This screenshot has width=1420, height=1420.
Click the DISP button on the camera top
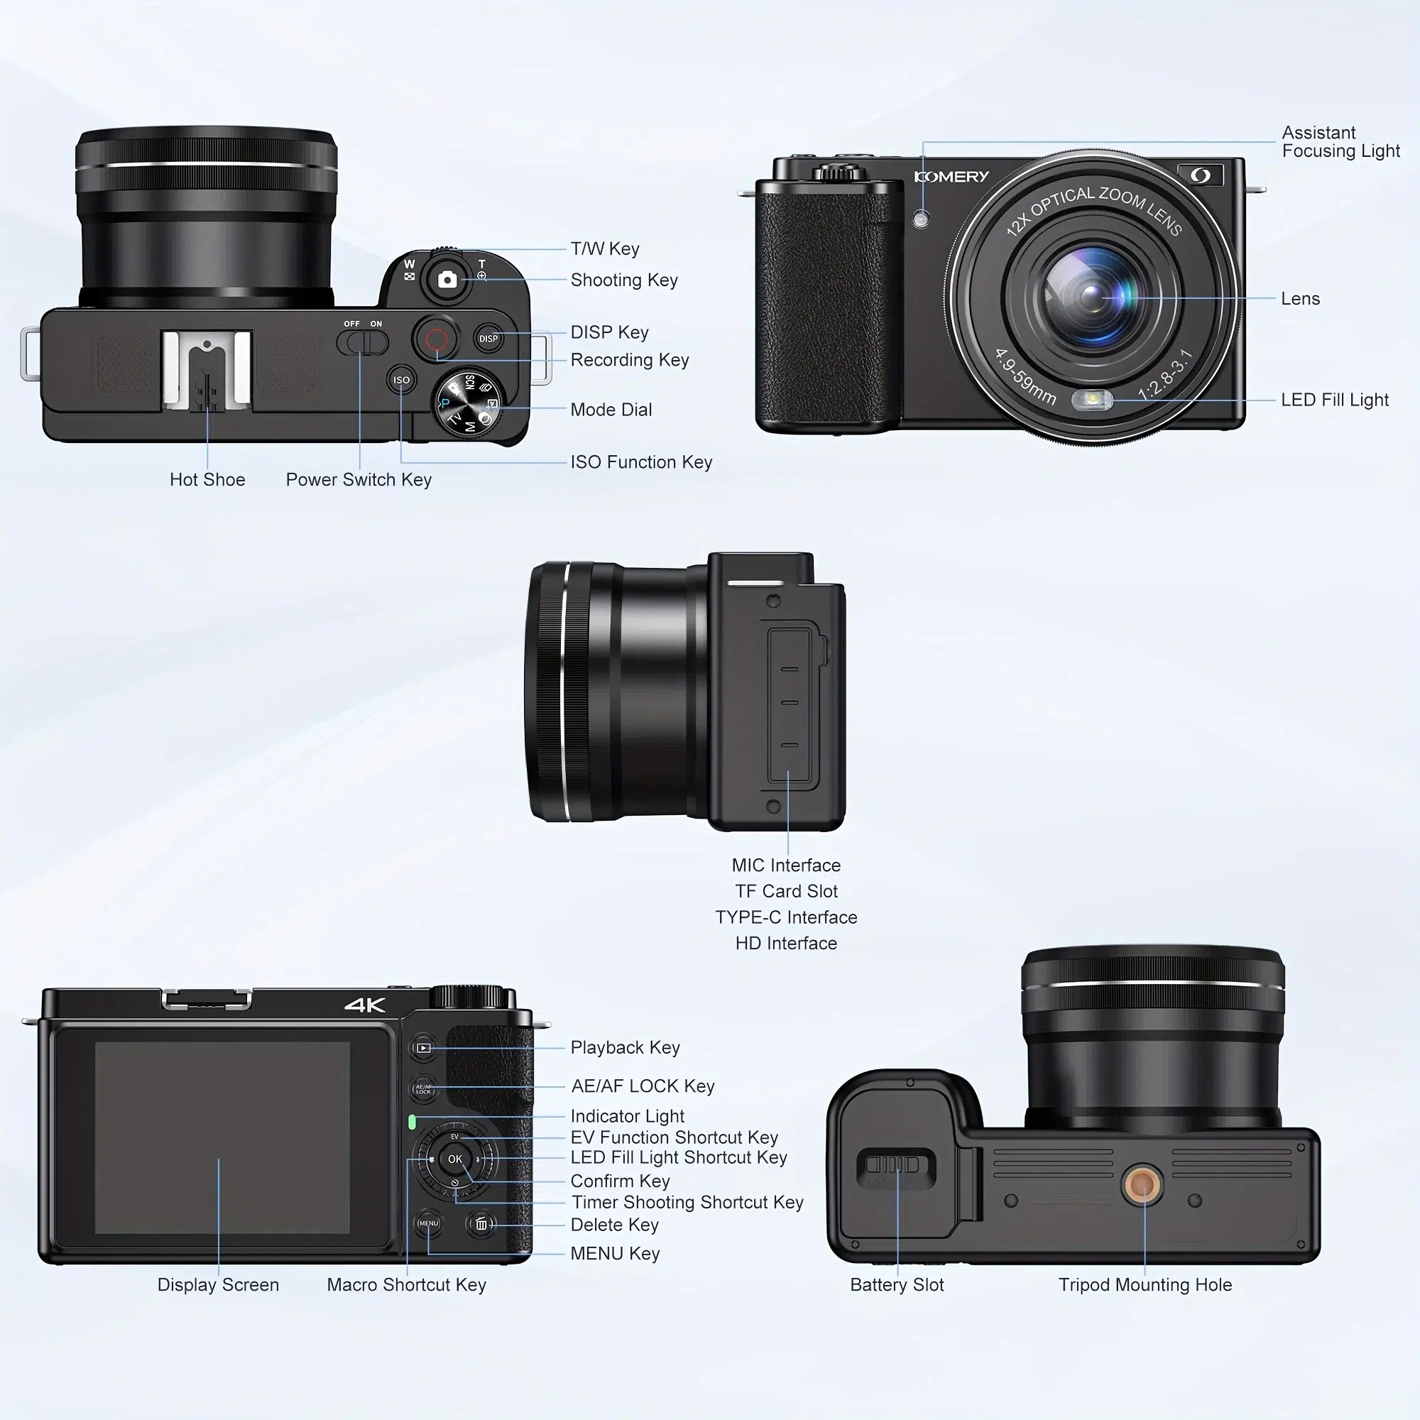[x=488, y=339]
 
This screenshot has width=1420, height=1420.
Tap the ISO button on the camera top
[x=401, y=380]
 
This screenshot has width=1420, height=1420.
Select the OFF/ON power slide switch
[x=362, y=342]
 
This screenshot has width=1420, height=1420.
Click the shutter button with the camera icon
[x=447, y=279]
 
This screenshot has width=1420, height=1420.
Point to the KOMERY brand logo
[x=951, y=176]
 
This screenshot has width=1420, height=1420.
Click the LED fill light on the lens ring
[x=1093, y=400]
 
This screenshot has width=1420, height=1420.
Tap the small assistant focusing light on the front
[x=921, y=219]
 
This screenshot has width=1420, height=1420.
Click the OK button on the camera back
[x=455, y=1159]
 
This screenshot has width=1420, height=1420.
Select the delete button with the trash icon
[x=481, y=1225]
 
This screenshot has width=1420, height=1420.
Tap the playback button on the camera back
[x=423, y=1048]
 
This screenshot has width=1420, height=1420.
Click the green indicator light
[x=412, y=1123]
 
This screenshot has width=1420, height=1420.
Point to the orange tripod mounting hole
[x=1143, y=1184]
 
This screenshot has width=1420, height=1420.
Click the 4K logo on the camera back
[x=365, y=1005]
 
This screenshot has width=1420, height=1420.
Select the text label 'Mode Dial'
[x=611, y=410]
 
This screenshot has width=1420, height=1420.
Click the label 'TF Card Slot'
[x=786, y=891]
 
